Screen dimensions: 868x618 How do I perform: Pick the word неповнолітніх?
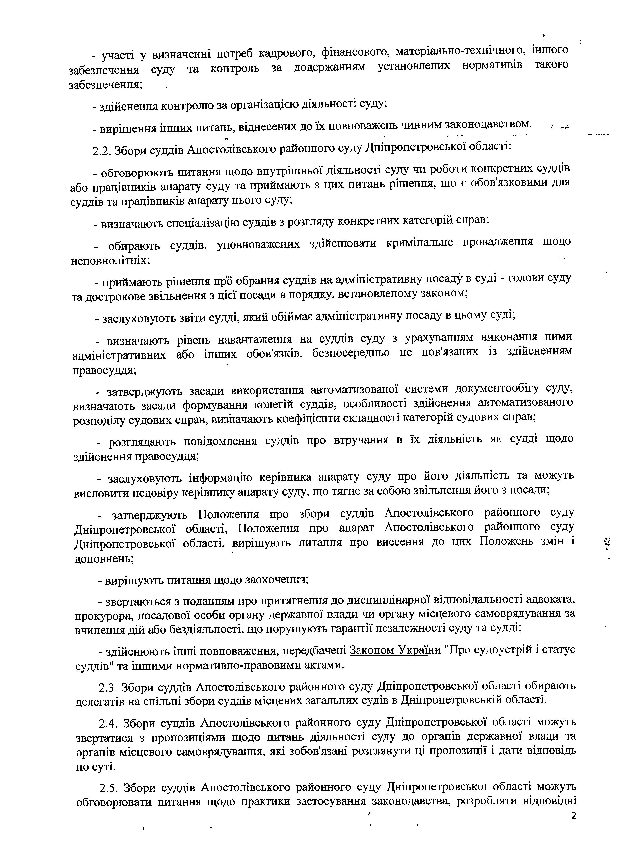pos(110,261)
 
